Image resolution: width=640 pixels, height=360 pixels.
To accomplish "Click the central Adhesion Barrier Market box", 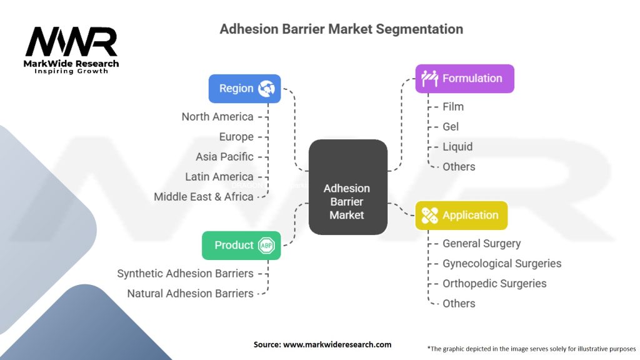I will (347, 187).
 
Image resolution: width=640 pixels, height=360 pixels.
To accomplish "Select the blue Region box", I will (244, 89).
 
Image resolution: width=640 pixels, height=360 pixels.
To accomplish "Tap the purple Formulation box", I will (464, 79).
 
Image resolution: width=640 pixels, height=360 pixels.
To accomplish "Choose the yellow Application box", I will (461, 216).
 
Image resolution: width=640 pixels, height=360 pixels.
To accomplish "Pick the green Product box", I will (241, 245).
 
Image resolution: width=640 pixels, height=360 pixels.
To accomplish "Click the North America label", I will (217, 117).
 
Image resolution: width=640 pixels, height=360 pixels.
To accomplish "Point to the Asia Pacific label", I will (224, 157).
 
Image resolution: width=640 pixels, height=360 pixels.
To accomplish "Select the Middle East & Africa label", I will (204, 197).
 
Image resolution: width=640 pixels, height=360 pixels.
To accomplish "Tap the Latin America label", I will (219, 177).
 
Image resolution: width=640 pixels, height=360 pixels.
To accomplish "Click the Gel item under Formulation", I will (451, 127).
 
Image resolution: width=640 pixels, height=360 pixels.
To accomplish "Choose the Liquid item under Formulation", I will (457, 147).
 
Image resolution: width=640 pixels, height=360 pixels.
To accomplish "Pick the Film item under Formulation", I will (453, 107).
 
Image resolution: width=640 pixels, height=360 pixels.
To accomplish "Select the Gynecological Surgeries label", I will (502, 264).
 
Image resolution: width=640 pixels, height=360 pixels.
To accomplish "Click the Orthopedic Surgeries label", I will (494, 284).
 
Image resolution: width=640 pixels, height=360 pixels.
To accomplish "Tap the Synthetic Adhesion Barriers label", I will (185, 274).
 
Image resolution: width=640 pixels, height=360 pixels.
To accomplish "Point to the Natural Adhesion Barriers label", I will (190, 294).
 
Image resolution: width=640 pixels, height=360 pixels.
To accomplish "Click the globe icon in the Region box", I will (267, 89).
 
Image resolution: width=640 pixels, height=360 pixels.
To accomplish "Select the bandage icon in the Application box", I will (429, 216).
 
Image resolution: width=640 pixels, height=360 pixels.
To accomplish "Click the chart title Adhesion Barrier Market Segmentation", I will (341, 29).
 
